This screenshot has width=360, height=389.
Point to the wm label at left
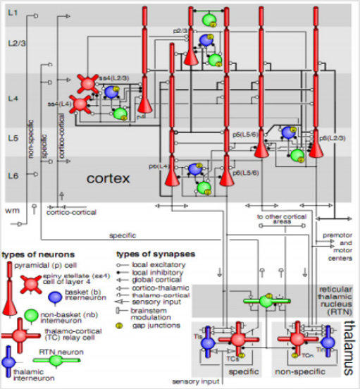[x=11, y=210]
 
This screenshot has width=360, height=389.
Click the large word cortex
[x=110, y=179]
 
